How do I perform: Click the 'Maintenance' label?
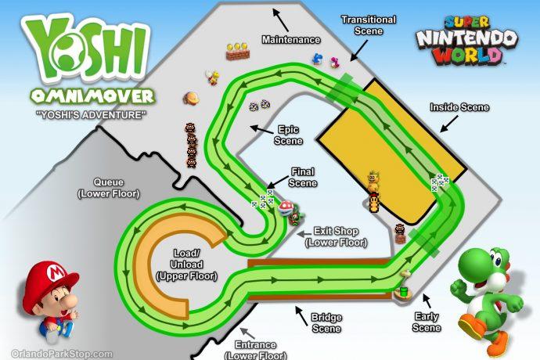[291, 39]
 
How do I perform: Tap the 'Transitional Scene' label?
[369, 24]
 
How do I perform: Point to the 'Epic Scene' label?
[287, 135]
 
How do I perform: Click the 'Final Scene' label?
[304, 177]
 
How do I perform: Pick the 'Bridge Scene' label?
[325, 323]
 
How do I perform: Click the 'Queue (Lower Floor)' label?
[114, 188]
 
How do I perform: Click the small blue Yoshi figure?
[318, 58]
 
